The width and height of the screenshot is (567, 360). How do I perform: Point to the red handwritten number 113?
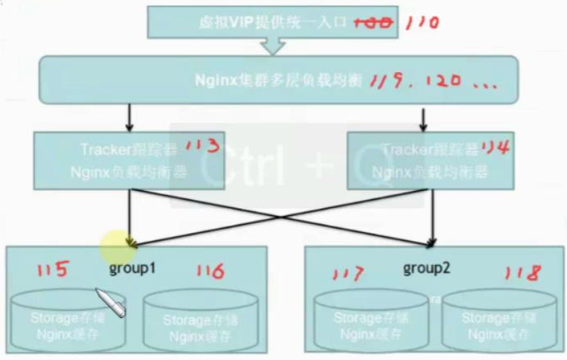tap(202, 148)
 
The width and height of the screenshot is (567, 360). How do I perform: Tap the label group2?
tap(424, 268)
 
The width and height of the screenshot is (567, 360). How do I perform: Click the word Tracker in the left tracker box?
tap(102, 150)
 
